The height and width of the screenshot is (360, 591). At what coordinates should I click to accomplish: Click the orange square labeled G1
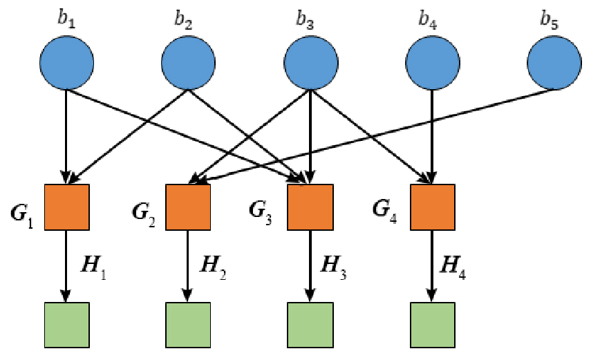pyautogui.click(x=67, y=207)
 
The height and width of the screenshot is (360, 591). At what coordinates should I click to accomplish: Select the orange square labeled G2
pyautogui.click(x=189, y=207)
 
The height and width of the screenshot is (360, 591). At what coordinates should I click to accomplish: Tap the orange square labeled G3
pyautogui.click(x=310, y=207)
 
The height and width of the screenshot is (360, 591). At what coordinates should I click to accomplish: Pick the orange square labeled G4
pyautogui.click(x=433, y=207)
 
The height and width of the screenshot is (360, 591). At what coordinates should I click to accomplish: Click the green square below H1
pyautogui.click(x=67, y=325)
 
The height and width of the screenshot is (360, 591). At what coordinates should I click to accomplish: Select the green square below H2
pyautogui.click(x=189, y=325)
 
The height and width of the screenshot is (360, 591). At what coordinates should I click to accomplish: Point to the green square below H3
pyautogui.click(x=310, y=325)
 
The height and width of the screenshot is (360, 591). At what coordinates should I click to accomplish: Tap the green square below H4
pyautogui.click(x=433, y=325)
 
